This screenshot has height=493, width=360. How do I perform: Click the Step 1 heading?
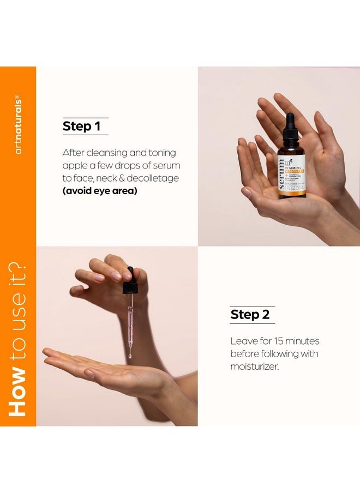tap(81, 127)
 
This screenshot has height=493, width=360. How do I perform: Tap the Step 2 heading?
tap(250, 315)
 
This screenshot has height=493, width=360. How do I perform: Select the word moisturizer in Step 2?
tap(254, 366)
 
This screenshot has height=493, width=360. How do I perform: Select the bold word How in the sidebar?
tap(18, 393)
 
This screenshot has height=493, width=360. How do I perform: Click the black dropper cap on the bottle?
tap(290, 127)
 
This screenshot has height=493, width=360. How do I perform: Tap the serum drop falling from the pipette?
tap(130, 356)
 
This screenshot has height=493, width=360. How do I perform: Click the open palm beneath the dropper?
tap(109, 369)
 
